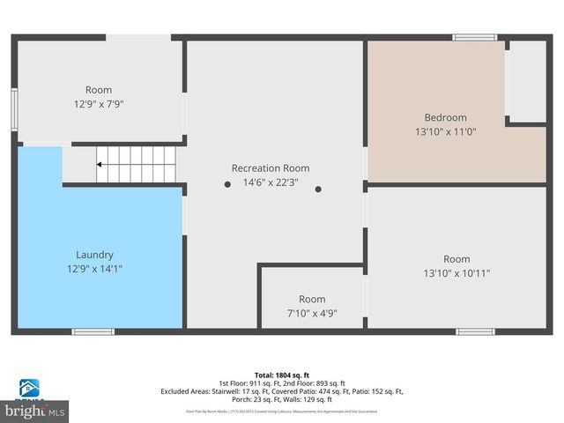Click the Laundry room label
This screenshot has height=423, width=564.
click(x=94, y=255)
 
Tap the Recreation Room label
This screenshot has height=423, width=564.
click(x=271, y=168)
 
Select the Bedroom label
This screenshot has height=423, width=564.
click(x=445, y=117)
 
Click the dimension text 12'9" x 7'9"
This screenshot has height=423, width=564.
click(x=99, y=104)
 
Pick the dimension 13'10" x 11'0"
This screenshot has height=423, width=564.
click(x=445, y=131)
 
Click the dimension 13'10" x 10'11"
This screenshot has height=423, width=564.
click(x=456, y=273)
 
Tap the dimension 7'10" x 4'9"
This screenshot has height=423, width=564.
click(x=312, y=313)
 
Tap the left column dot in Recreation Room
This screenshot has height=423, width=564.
click(x=227, y=184)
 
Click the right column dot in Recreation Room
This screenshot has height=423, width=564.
click(x=319, y=189)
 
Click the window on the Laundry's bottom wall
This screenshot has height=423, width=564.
click(x=93, y=331)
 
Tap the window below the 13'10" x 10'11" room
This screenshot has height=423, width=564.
click(x=474, y=331)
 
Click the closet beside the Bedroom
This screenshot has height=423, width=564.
click(x=528, y=81)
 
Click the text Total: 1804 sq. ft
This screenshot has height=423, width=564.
click(x=281, y=375)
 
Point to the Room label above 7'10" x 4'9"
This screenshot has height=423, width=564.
click(x=312, y=299)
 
